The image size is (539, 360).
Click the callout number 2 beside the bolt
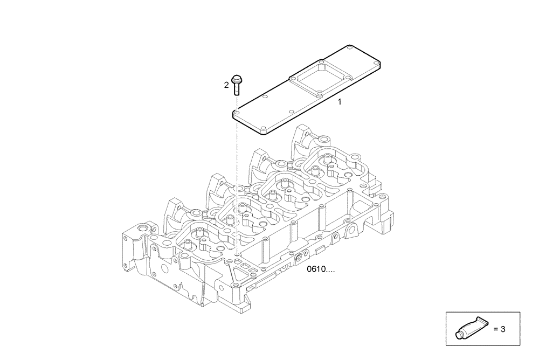(227, 85)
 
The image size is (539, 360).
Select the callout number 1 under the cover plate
(340, 101)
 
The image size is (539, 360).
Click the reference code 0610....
(320, 269)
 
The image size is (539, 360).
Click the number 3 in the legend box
(502, 329)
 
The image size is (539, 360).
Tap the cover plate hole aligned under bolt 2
(237, 114)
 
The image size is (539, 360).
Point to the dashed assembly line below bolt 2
(237, 178)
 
